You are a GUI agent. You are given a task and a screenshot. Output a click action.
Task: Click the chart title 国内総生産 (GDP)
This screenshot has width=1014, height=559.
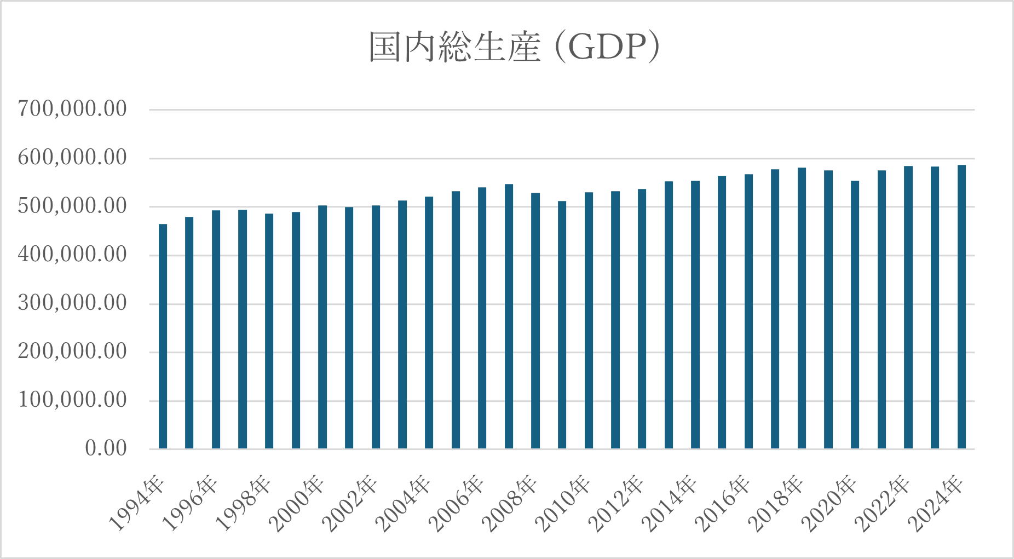514,48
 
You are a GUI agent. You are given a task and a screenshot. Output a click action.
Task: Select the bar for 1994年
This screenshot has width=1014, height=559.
163,337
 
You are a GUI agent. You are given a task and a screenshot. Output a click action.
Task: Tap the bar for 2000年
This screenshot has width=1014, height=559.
322,327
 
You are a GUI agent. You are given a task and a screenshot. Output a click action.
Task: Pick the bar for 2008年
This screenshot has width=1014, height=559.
535,321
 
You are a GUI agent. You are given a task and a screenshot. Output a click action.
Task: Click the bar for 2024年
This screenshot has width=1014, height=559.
961,307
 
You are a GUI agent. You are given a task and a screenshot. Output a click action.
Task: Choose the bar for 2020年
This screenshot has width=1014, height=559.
855,315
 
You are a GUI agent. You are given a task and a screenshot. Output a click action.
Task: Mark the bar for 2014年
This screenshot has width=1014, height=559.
695,315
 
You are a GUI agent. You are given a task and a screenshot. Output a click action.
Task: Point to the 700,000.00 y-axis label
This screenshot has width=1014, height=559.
72,109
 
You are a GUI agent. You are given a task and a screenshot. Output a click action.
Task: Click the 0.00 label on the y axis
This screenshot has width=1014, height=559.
106,448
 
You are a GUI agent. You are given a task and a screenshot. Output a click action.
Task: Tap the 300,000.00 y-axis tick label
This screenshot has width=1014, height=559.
72,303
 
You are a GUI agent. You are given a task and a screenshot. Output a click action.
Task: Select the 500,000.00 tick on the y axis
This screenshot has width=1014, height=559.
72,206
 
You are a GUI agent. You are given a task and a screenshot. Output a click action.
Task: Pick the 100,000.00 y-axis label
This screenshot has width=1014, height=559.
72,400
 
